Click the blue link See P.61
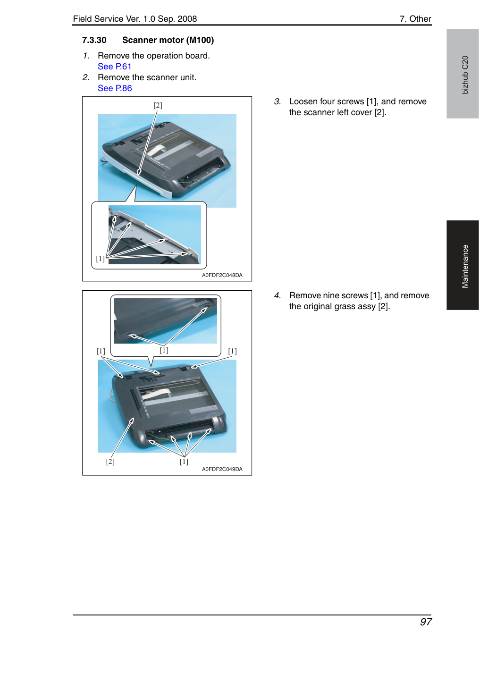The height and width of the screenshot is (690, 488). (x=115, y=67)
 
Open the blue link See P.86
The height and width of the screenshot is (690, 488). (x=115, y=88)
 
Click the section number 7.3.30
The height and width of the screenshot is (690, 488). (x=94, y=40)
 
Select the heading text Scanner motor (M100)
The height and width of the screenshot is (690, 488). (x=168, y=40)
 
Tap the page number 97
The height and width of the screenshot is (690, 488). (x=426, y=622)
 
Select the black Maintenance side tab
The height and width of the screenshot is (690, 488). (x=463, y=265)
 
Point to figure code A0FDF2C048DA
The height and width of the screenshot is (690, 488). (x=222, y=275)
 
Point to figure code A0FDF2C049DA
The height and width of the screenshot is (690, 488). (x=222, y=469)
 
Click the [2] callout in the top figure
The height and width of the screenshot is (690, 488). (x=158, y=105)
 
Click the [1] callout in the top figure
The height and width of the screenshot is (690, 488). (x=101, y=259)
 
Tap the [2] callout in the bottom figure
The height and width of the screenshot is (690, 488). (x=110, y=462)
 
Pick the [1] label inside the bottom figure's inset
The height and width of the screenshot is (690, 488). (x=164, y=350)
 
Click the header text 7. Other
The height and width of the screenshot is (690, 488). (x=415, y=19)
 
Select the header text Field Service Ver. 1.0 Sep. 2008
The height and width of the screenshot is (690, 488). (x=135, y=19)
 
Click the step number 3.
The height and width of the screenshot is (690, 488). (x=278, y=101)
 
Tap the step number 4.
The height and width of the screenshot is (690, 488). (x=278, y=295)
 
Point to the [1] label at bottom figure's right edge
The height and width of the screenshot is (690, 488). (x=232, y=351)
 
